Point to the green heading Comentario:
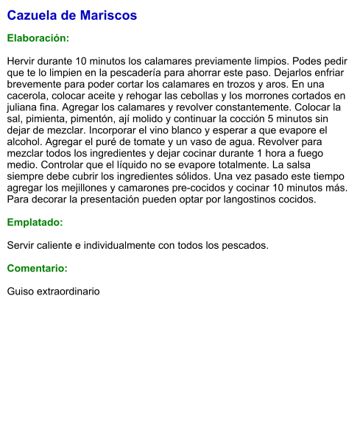pos(37,269)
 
